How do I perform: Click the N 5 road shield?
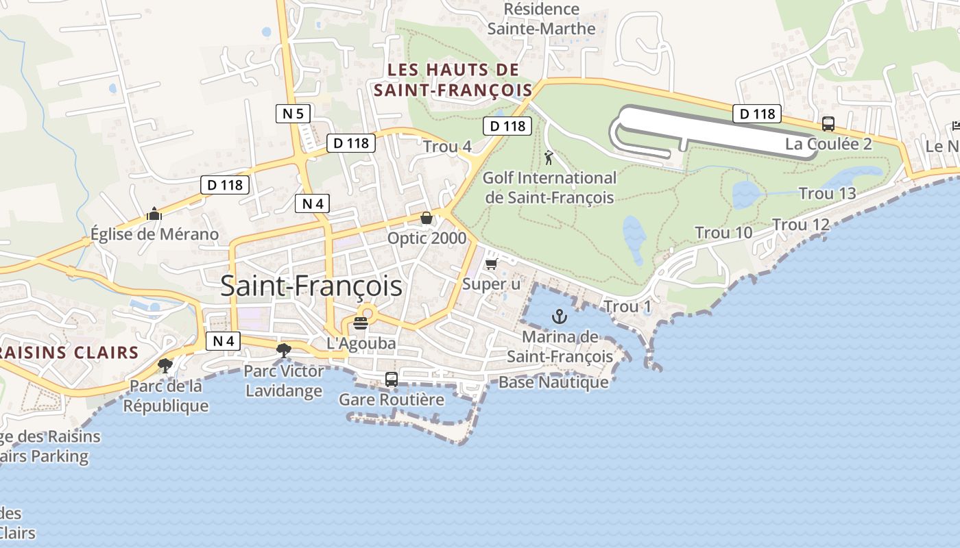pyautogui.click(x=293, y=113)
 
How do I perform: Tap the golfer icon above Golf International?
pyautogui.click(x=549, y=158)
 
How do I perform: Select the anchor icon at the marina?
pyautogui.click(x=560, y=316)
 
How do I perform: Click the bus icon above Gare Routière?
pyautogui.click(x=392, y=379)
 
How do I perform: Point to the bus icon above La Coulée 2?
pyautogui.click(x=828, y=124)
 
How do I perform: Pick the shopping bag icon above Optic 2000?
pyautogui.click(x=427, y=218)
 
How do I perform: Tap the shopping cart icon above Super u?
pyautogui.click(x=491, y=264)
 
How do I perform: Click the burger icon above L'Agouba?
pyautogui.click(x=361, y=323)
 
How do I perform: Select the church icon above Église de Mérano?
pyautogui.click(x=154, y=214)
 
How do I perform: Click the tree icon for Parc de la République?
pyautogui.click(x=165, y=365)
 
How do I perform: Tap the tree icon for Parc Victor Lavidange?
pyautogui.click(x=283, y=351)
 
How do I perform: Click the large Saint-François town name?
pyautogui.click(x=311, y=286)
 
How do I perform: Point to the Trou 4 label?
pyautogui.click(x=447, y=147)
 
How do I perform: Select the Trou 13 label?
pyautogui.click(x=828, y=194)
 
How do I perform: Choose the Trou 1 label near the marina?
pyautogui.click(x=627, y=307)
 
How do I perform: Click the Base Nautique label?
pyautogui.click(x=553, y=382)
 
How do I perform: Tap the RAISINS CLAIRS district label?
pyautogui.click(x=69, y=353)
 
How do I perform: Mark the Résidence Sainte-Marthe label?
pyautogui.click(x=542, y=19)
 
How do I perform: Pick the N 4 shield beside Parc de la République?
pyautogui.click(x=223, y=340)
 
